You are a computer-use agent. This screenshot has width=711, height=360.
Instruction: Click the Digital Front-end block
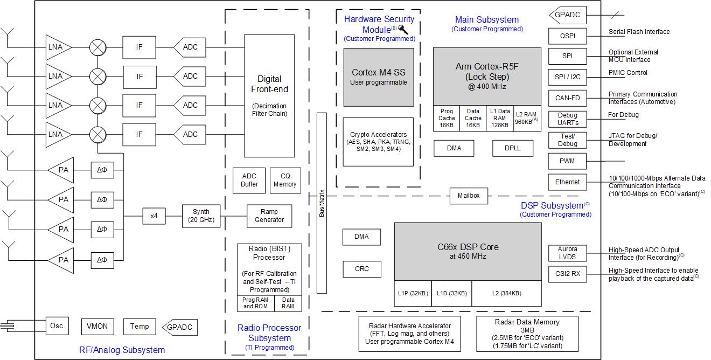tap(269, 95)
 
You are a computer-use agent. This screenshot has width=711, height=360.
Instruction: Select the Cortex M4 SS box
tap(379, 77)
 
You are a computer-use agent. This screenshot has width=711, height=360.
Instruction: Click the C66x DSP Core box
tap(468, 251)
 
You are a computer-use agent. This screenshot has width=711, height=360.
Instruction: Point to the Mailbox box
tap(468, 196)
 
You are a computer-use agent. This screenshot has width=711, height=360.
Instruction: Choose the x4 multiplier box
tap(154, 216)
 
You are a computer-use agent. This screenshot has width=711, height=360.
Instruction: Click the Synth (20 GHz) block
tap(201, 216)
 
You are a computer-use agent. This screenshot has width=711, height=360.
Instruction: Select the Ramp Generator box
tap(269, 216)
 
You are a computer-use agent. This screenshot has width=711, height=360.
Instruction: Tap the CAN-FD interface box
tap(567, 98)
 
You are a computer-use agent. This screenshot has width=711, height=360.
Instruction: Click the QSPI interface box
tap(567, 36)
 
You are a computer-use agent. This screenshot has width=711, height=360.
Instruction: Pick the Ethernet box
tap(567, 182)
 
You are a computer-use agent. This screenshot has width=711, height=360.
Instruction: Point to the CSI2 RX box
tap(567, 274)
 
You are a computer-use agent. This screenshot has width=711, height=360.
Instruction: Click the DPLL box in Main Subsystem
tap(513, 148)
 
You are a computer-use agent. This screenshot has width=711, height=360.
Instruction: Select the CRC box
tap(362, 269)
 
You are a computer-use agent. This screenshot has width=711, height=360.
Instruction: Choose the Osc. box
tap(58, 326)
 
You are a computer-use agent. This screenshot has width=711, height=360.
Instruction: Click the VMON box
tap(97, 326)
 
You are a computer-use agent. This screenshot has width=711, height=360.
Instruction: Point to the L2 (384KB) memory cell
tap(506, 294)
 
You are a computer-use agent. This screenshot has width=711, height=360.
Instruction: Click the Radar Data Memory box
tap(527, 334)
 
